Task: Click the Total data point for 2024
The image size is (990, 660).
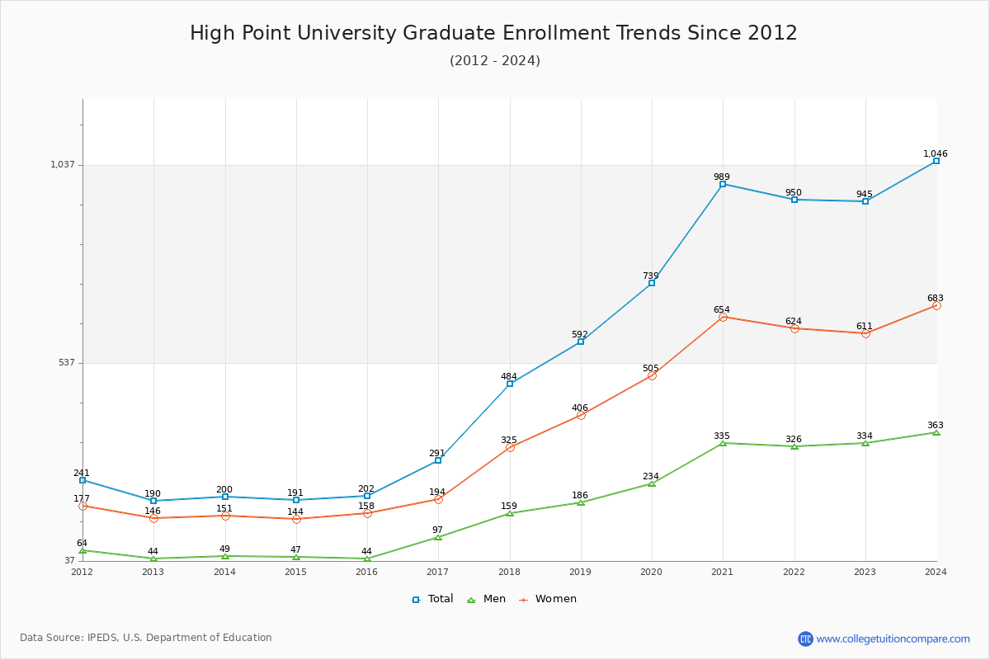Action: (x=936, y=161)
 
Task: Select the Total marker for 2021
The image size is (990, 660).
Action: (x=723, y=184)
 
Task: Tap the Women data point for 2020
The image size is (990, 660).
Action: (x=652, y=375)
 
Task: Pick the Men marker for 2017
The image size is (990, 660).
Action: (x=438, y=537)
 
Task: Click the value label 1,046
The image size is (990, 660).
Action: (x=936, y=154)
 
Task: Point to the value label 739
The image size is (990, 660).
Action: (x=651, y=276)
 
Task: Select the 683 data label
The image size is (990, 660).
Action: (x=935, y=299)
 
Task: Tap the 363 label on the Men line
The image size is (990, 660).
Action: (x=935, y=426)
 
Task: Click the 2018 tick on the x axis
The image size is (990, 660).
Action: (x=509, y=572)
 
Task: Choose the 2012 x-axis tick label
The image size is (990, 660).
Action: (x=82, y=572)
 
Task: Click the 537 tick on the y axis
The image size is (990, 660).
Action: (x=65, y=363)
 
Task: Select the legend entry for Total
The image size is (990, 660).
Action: (x=433, y=599)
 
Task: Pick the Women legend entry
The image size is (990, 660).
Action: (x=549, y=599)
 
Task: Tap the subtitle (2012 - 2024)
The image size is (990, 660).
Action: (x=495, y=61)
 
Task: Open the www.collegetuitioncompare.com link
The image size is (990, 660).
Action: (x=893, y=639)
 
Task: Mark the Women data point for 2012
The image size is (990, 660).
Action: (x=82, y=506)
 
